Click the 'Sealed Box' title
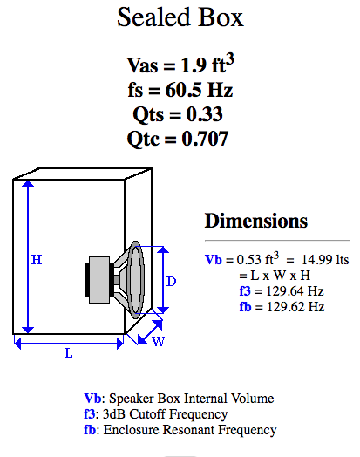(x=180, y=17)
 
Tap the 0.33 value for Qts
(x=205, y=114)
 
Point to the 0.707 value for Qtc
(x=205, y=139)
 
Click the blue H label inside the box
(x=37, y=260)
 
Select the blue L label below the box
(x=69, y=353)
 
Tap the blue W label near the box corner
(x=159, y=341)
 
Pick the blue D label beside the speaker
(x=171, y=282)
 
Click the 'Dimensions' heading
(x=256, y=221)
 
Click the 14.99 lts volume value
(x=325, y=259)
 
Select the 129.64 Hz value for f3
(x=295, y=291)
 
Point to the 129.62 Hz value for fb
(x=295, y=307)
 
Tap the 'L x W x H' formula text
(x=280, y=276)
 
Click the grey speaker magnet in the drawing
(x=99, y=280)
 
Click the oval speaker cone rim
(x=135, y=280)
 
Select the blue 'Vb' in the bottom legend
(x=92, y=399)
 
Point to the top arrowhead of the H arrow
(x=28, y=184)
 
